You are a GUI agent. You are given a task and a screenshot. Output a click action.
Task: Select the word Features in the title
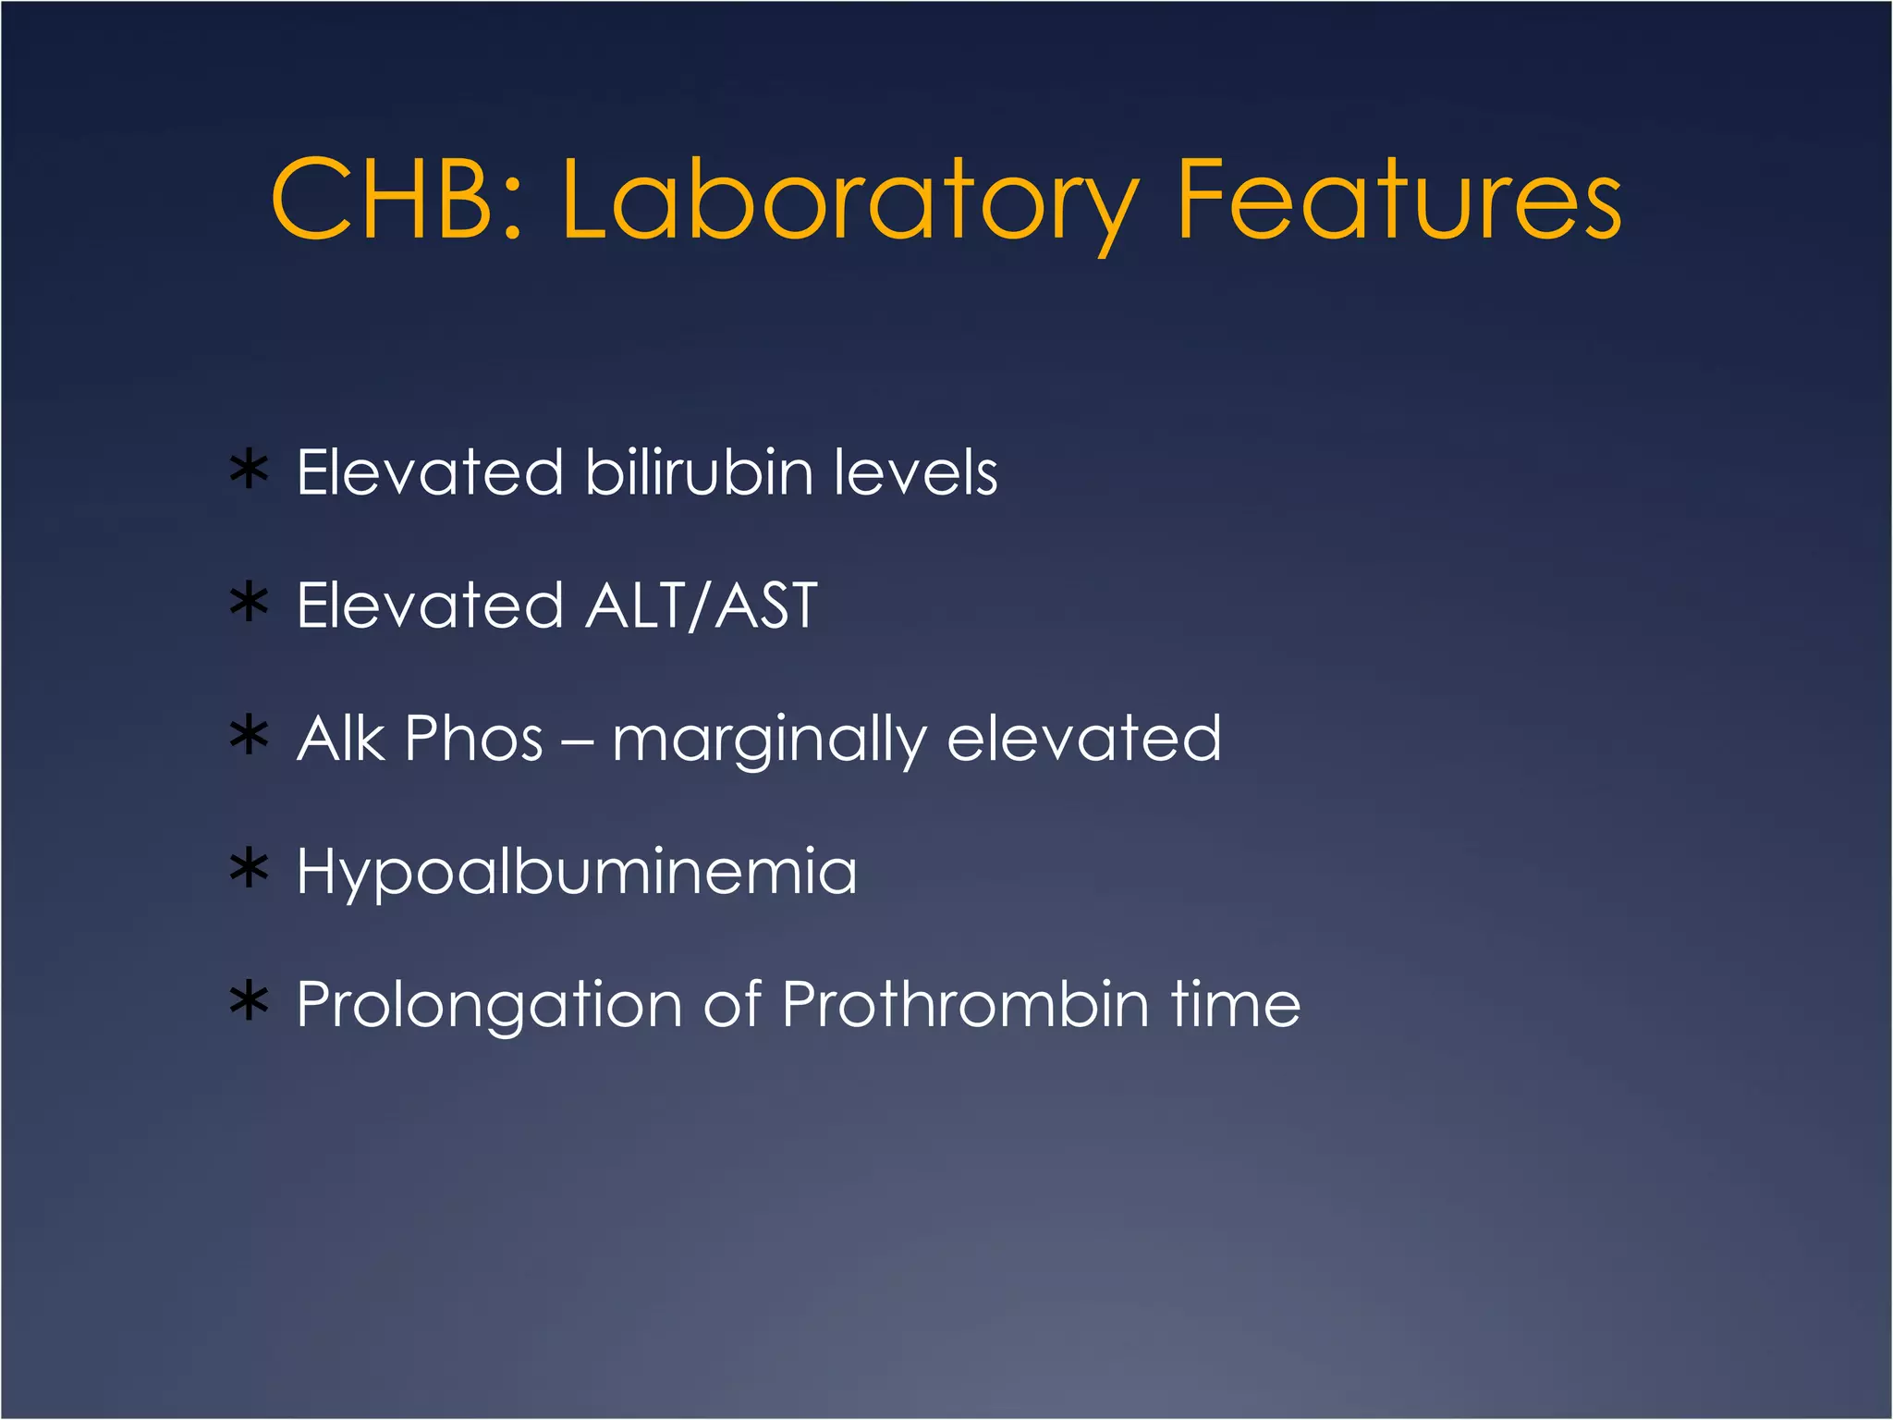pyautogui.click(x=1398, y=199)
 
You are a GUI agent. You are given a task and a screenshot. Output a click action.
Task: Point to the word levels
pyautogui.click(x=915, y=472)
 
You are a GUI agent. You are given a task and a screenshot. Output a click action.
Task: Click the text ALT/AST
pyautogui.click(x=702, y=606)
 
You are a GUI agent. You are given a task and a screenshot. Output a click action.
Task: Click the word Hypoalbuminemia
pyautogui.click(x=577, y=873)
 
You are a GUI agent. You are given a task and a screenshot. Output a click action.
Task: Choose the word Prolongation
pyautogui.click(x=489, y=1006)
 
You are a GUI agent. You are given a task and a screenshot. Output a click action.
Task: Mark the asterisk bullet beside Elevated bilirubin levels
pyautogui.click(x=249, y=471)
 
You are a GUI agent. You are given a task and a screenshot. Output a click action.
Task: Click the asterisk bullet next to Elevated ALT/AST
pyautogui.click(x=249, y=604)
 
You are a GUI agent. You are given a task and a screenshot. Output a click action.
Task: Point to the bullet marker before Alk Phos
pyautogui.click(x=249, y=737)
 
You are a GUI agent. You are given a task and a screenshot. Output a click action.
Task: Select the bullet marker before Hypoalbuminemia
pyautogui.click(x=249, y=870)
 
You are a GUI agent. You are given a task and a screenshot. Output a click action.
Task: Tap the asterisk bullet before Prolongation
pyautogui.click(x=249, y=1003)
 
